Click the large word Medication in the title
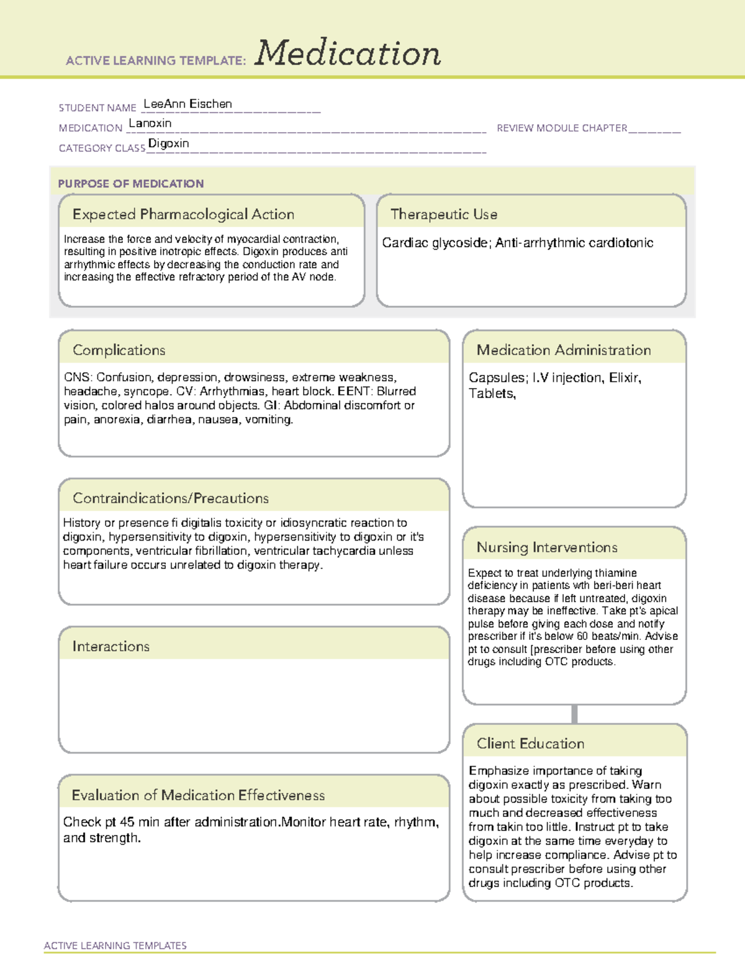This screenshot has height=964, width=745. click(x=348, y=53)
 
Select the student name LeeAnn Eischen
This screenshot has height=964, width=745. click(x=187, y=104)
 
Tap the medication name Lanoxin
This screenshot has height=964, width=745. click(x=150, y=123)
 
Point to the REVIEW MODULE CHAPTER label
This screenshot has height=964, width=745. click(x=562, y=128)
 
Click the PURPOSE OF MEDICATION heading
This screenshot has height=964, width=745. click(x=131, y=184)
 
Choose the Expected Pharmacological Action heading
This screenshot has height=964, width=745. click(x=183, y=214)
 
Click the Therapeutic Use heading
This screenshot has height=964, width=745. click(x=444, y=214)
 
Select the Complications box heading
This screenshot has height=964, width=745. click(x=119, y=350)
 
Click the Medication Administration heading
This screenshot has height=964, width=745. click(x=564, y=350)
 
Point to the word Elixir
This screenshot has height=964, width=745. click(x=625, y=377)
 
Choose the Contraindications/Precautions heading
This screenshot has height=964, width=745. click(x=171, y=498)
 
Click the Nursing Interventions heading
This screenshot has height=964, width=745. click(x=547, y=547)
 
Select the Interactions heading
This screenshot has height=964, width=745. click(x=111, y=646)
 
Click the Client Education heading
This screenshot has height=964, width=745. click(x=531, y=744)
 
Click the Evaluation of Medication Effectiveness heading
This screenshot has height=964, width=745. click(x=198, y=795)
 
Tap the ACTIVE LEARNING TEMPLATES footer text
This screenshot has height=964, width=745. click(x=115, y=945)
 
